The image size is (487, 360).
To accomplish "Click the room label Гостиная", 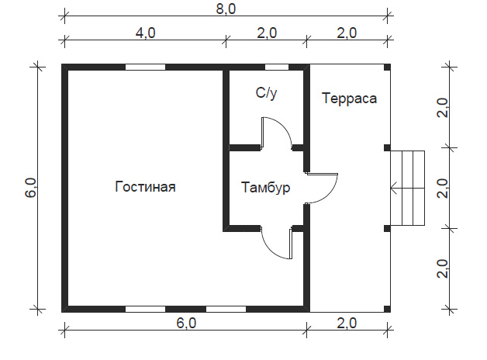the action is click(145, 187).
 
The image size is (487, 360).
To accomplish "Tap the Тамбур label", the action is click(266, 188).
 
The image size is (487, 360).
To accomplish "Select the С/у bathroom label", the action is click(266, 93).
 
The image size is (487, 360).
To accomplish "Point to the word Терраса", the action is click(350, 99).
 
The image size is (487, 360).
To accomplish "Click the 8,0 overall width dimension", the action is click(226, 9).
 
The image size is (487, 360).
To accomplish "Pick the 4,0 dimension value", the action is click(145, 33).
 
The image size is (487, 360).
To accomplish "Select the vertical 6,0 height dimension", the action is click(31, 188).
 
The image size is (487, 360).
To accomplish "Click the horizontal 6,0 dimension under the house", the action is click(186, 323).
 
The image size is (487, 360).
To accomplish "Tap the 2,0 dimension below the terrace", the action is click(347, 323).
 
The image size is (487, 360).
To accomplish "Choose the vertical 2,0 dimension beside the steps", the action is click(442, 189).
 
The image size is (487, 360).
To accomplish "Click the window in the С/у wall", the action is click(276, 67).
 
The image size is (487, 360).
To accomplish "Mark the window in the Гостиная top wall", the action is click(145, 67).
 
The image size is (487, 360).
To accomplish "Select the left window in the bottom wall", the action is click(145, 309).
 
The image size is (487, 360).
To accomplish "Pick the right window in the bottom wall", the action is click(226, 309).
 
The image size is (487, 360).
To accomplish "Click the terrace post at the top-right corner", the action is click(387, 67).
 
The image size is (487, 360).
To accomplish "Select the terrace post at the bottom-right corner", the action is click(387, 309).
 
